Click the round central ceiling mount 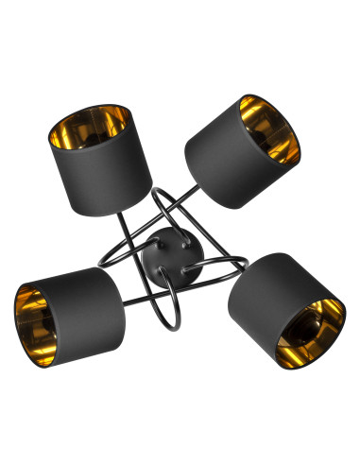[167, 249]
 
